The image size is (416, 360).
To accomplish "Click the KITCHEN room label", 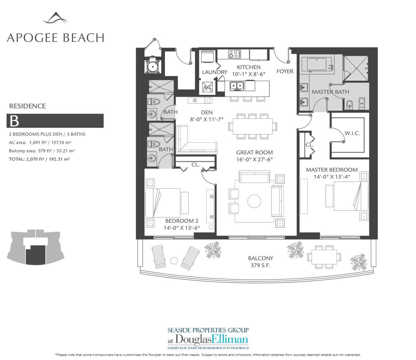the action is [249, 67].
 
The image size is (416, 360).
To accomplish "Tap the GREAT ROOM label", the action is [254, 152].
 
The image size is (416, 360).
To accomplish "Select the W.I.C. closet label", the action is [352, 133].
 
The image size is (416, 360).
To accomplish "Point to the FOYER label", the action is [285, 71].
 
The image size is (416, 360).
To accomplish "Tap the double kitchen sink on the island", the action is [237, 86].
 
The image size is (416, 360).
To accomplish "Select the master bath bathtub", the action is [316, 65].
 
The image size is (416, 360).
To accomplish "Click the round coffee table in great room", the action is [254, 201].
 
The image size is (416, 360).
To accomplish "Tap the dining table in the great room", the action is [253, 126].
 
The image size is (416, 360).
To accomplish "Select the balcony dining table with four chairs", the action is [324, 257].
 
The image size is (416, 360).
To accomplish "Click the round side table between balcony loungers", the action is [174, 261].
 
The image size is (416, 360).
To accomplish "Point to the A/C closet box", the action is [208, 87].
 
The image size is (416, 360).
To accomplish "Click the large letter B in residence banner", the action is [14, 121].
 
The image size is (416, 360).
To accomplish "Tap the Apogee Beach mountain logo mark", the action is [55, 18].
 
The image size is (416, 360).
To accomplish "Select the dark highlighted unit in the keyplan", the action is [36, 255].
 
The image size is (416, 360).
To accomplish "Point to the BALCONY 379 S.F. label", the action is [260, 261].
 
